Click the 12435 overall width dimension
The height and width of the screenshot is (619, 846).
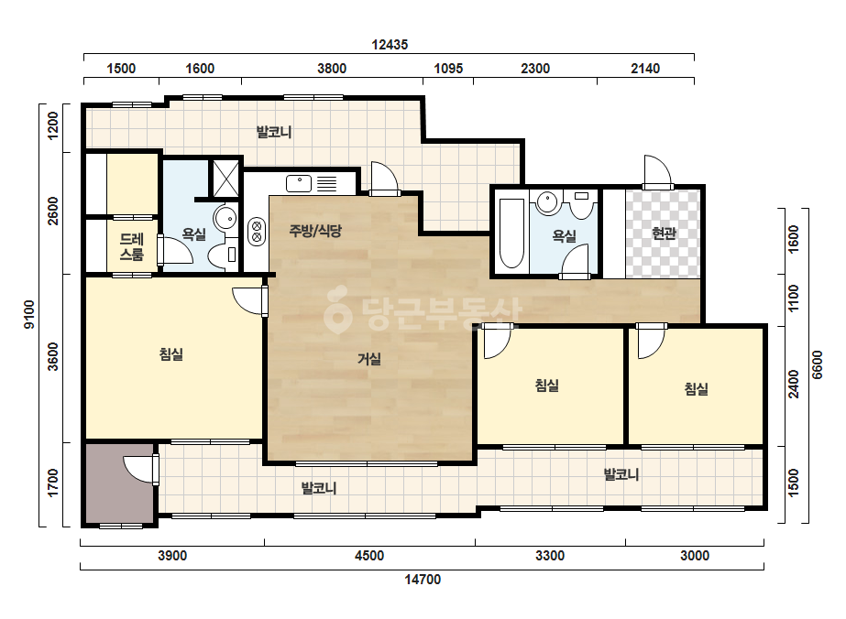coord(390,44)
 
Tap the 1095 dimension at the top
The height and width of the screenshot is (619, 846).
coord(448,69)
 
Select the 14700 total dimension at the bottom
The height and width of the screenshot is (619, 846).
coord(423,579)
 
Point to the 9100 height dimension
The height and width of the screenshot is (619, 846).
coord(29,314)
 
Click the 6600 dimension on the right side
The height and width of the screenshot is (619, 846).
coord(818,365)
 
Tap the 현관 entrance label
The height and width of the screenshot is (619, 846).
coord(664,233)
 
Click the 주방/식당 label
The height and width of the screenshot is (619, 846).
coord(315,231)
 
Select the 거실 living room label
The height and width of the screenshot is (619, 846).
coord(369,359)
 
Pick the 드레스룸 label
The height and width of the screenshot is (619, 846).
coord(132,246)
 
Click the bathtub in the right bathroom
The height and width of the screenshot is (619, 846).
coord(511,233)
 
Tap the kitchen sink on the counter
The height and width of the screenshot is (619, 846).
coord(299,183)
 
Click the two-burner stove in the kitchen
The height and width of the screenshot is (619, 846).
coord(257,231)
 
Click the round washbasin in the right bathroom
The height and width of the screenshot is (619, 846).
coord(547,201)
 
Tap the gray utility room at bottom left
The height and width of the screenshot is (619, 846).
coord(120,483)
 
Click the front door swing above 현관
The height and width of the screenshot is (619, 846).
coord(657,171)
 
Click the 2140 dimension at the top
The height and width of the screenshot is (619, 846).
coord(645,69)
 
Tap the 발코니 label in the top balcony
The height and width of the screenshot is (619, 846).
coord(274,132)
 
